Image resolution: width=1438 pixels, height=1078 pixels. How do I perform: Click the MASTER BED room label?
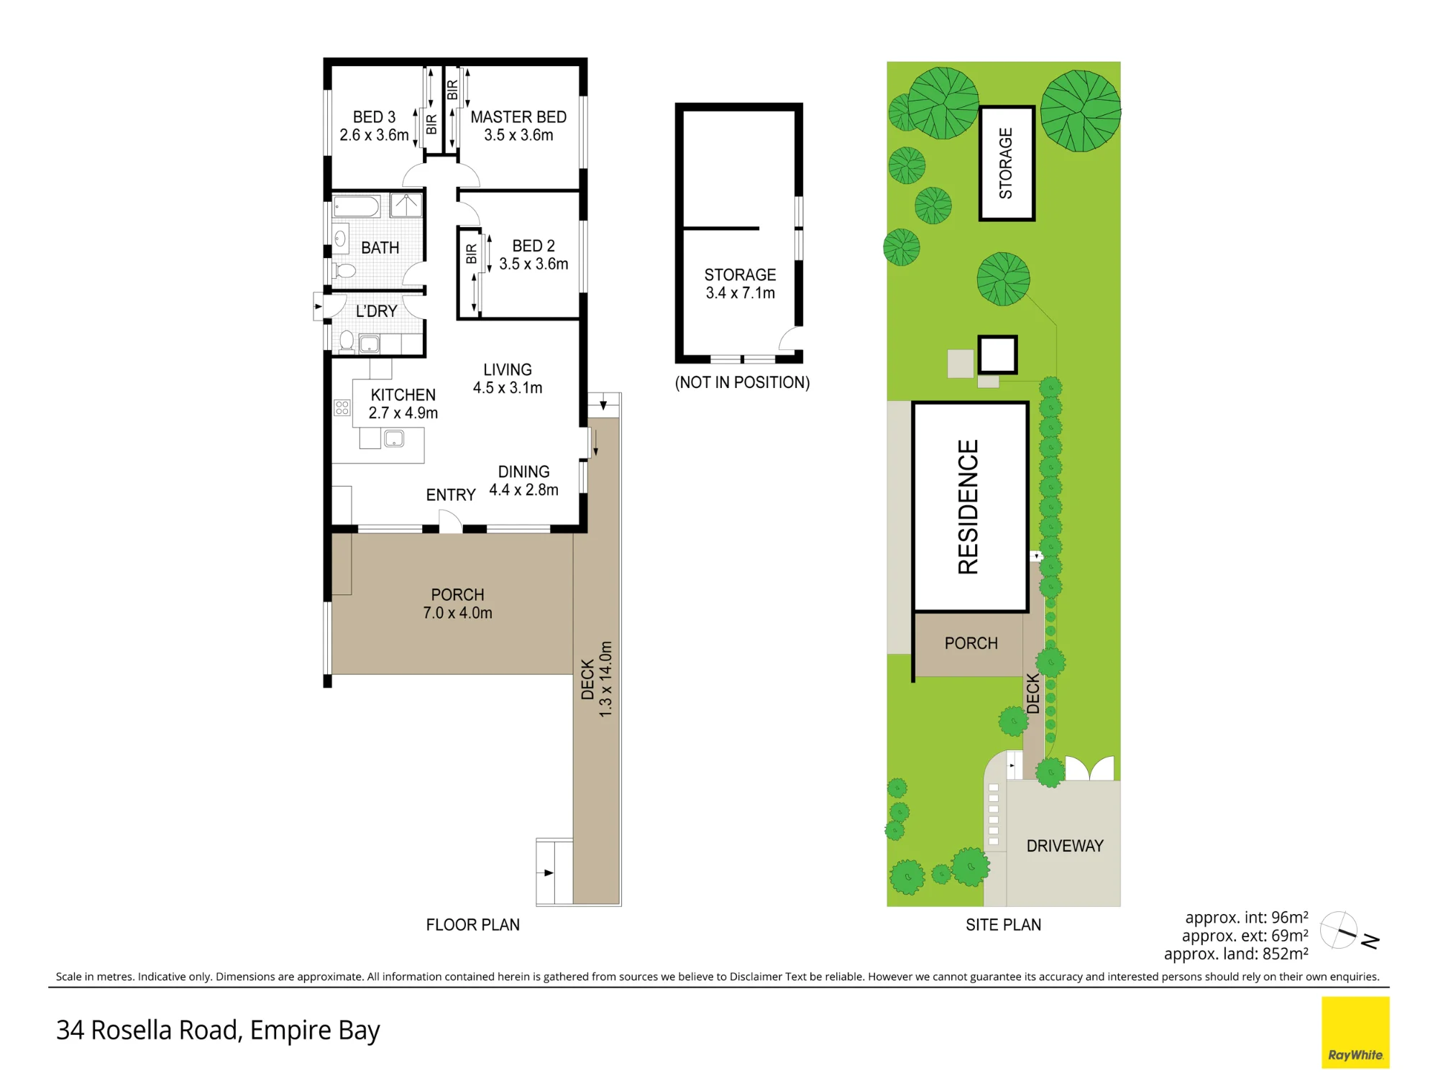[518, 117]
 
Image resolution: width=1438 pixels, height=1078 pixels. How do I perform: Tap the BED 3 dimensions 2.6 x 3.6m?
[374, 135]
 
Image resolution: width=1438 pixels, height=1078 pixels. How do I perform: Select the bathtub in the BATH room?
[357, 206]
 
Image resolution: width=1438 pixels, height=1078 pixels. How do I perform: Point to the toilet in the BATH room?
[344, 271]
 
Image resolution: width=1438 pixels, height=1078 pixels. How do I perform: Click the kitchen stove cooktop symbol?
[342, 408]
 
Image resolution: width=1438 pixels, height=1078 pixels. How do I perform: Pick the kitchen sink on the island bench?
[394, 438]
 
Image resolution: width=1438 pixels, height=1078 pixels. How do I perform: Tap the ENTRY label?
[451, 495]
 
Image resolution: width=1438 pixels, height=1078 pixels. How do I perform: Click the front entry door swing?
[451, 521]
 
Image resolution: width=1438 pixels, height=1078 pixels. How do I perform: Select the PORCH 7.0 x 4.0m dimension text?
[457, 613]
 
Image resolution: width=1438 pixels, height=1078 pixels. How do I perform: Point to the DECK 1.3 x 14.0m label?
[597, 679]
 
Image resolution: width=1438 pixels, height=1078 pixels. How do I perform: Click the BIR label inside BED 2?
[472, 254]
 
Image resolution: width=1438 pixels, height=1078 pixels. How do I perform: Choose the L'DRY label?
[377, 311]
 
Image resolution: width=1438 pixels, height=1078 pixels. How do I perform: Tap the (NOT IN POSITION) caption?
[742, 382]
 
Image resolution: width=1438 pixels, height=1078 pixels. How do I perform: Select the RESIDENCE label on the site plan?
[968, 507]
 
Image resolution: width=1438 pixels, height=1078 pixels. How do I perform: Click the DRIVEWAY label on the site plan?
[1065, 846]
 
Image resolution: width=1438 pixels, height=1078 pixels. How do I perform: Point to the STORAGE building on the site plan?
[1007, 163]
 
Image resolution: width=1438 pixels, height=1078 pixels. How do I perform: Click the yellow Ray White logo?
[1355, 1032]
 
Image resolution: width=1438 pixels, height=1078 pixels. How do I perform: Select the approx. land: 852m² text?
[1236, 954]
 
